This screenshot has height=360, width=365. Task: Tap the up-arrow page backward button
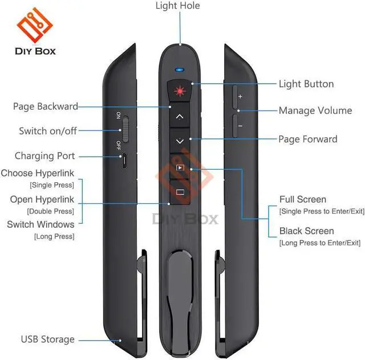pos(180,116)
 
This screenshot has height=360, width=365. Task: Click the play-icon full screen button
pos(180,168)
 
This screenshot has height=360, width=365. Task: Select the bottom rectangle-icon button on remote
pos(180,192)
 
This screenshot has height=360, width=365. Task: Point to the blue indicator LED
pos(180,71)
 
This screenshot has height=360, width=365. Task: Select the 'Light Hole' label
pos(178,6)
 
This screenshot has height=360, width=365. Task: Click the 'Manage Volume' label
pos(315,111)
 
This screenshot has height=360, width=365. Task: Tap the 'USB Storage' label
pos(48,339)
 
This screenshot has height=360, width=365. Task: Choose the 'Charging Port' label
pos(45,156)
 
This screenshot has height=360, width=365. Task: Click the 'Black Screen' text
pos(306,231)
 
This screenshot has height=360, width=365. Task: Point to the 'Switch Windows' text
pos(40,224)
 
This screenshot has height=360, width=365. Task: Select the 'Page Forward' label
pos(307,139)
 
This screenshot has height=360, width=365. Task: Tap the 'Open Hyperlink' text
pos(42,199)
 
